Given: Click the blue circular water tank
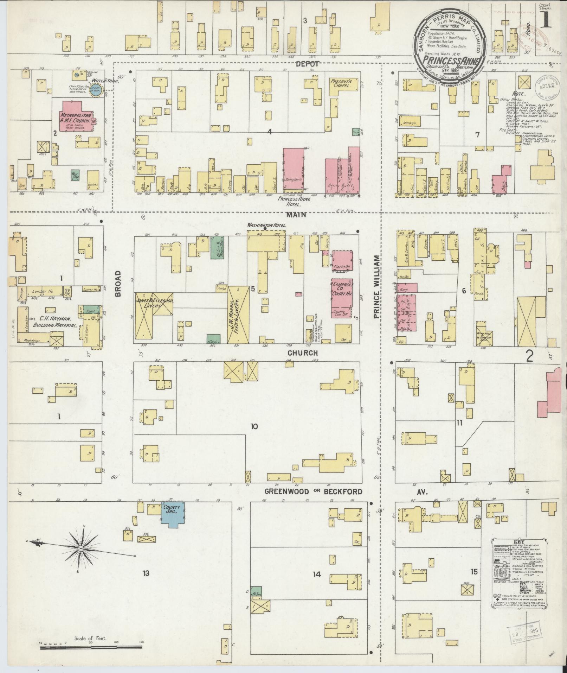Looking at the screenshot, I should click(95, 89).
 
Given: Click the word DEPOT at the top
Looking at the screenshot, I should click(307, 64).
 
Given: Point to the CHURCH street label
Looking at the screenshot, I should click(303, 353).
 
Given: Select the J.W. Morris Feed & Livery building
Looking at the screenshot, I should click(238, 314).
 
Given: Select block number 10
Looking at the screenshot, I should click(254, 427).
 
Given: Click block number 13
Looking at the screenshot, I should click(146, 573).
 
